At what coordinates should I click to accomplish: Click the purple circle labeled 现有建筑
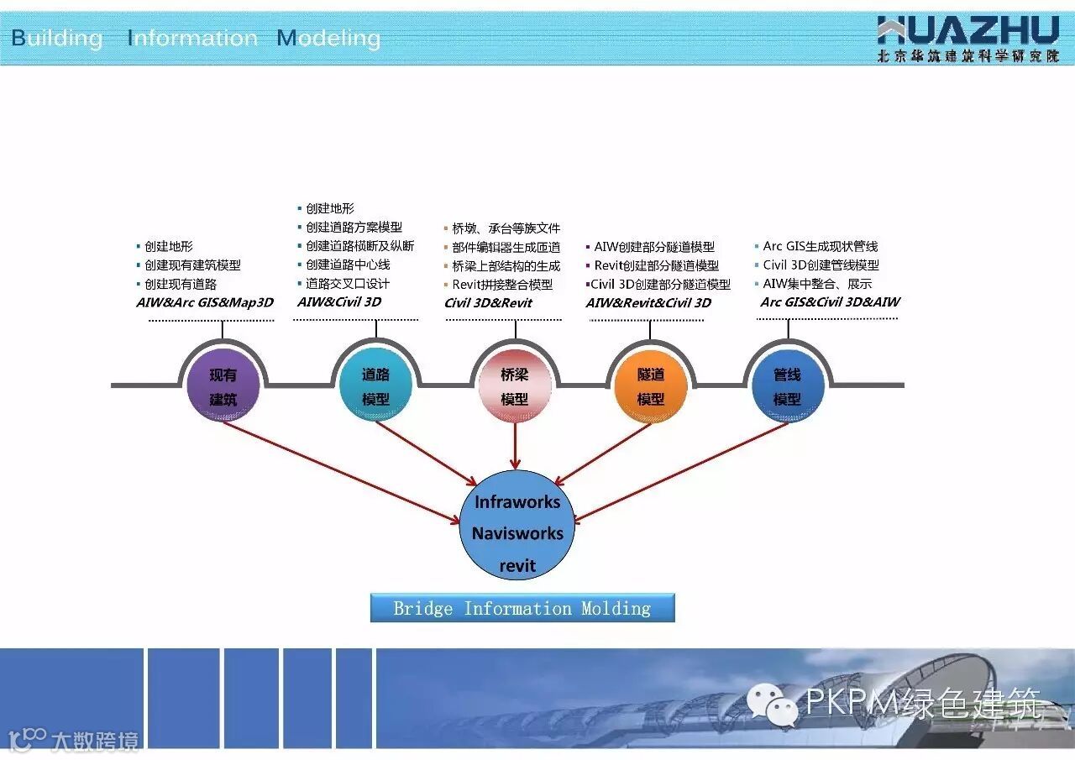223,386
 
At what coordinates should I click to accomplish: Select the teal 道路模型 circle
375,386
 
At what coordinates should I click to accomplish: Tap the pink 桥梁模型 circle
514,386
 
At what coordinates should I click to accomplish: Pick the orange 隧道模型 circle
651,386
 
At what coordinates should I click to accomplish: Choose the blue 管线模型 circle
787,386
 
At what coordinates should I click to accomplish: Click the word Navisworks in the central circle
517,533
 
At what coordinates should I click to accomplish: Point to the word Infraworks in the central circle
517,502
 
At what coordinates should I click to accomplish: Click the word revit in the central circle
517,565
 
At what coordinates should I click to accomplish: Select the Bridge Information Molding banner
522,608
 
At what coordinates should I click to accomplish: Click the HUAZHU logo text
967,31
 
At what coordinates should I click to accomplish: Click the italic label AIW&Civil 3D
339,302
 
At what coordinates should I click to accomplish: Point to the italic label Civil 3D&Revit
488,303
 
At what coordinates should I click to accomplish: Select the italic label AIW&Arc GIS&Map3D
205,302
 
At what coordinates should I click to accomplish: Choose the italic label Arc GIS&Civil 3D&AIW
830,302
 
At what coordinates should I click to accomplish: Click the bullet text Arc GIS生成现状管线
820,246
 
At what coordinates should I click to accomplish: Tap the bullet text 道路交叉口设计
347,284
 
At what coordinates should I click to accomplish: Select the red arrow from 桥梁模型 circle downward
515,445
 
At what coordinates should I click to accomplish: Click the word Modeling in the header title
329,38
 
